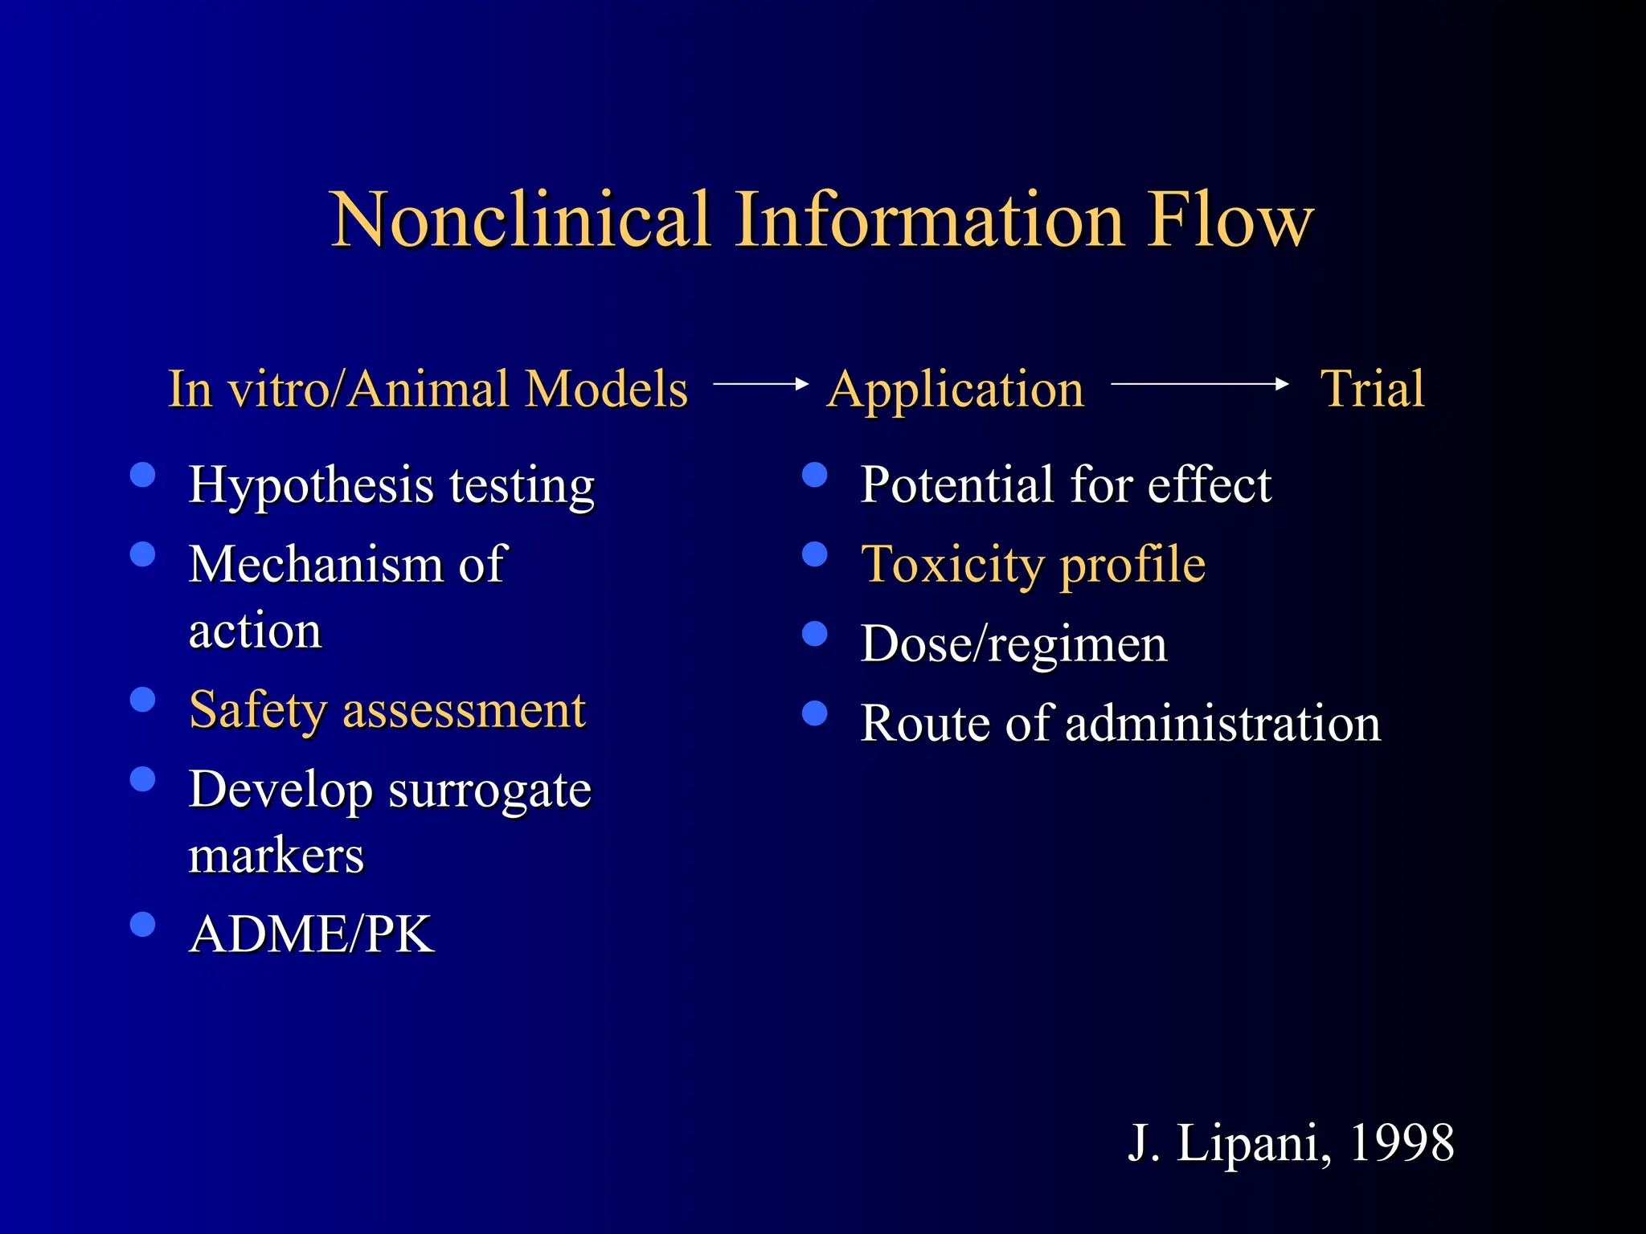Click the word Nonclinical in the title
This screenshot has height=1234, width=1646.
(521, 220)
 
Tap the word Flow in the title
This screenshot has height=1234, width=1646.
(1230, 220)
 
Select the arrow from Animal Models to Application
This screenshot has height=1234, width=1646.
(760, 385)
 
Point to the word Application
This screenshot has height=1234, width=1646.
(956, 390)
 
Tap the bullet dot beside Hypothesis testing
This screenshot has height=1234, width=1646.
(143, 475)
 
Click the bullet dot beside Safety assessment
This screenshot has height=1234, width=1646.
(143, 700)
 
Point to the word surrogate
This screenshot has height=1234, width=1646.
(490, 791)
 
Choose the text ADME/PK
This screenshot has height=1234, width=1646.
(312, 934)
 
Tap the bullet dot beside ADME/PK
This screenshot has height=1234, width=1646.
(143, 925)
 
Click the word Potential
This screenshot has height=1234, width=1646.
(956, 484)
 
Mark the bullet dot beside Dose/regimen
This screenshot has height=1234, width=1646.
(815, 634)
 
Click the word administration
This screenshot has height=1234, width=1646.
(1222, 723)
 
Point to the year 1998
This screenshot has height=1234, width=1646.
(1402, 1142)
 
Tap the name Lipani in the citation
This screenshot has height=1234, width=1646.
(1247, 1142)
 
